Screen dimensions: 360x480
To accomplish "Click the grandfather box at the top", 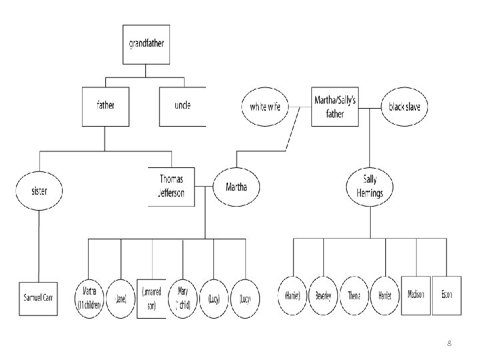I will [x=146, y=45].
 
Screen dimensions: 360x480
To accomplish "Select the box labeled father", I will [x=105, y=106].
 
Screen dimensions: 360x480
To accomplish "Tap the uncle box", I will [x=182, y=106].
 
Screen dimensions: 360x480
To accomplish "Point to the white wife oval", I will [x=265, y=107].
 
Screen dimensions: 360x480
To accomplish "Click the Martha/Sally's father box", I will [x=335, y=107].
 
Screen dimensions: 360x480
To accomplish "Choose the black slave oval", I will [x=405, y=107].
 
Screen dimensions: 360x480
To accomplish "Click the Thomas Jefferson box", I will [x=171, y=187].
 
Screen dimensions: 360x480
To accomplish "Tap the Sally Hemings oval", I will [x=370, y=187].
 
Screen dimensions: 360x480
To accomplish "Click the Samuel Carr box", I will [x=39, y=295].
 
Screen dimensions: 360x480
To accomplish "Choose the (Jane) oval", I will [x=121, y=297].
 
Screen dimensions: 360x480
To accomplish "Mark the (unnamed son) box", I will [x=151, y=297].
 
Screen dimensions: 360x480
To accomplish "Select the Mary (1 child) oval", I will [x=183, y=297].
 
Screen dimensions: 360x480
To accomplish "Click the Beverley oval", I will [x=324, y=295].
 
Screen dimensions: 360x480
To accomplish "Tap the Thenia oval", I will [x=355, y=295].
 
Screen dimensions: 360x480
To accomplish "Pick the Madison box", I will [x=417, y=295].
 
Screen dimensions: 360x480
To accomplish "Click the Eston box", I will [x=447, y=295].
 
